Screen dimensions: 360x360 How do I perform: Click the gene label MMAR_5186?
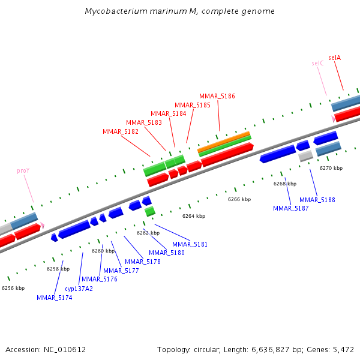(217, 96)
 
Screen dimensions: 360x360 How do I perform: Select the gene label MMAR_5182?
(121, 131)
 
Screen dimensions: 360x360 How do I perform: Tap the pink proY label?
(23, 171)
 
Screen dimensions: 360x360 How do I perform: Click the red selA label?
(334, 58)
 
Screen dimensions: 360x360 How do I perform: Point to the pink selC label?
(317, 63)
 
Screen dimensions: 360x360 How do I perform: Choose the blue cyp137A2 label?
(79, 289)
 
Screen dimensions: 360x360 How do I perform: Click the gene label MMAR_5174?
(54, 298)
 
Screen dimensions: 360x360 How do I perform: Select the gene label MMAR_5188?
(317, 200)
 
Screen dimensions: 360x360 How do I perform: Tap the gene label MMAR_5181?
(190, 244)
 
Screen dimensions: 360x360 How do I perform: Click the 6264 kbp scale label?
(194, 216)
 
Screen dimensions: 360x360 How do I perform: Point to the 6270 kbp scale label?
(331, 169)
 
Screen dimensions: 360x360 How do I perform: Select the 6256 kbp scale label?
(13, 288)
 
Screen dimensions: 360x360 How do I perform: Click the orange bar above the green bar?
(224, 141)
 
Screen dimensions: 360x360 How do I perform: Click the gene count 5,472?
(344, 349)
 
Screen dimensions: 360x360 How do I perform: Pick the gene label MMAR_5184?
(169, 113)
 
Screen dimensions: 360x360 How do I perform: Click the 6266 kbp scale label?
(239, 199)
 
